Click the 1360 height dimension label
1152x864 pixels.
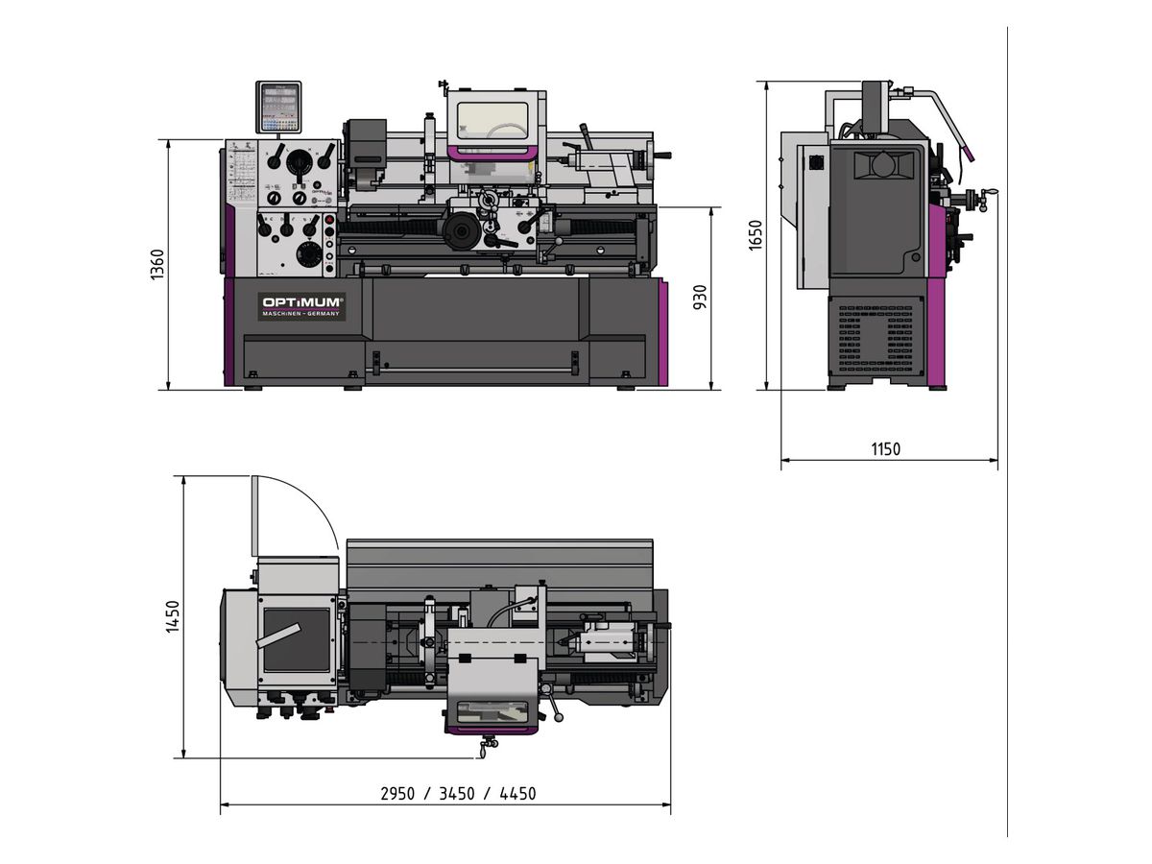click(157, 265)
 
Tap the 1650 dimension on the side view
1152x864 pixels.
click(756, 236)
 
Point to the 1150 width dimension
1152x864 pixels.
click(885, 449)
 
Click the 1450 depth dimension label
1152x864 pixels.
click(173, 616)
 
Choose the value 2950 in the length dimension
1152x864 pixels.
click(397, 794)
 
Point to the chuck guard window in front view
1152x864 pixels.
click(492, 120)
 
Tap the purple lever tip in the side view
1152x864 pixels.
click(972, 154)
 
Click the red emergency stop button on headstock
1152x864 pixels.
click(329, 221)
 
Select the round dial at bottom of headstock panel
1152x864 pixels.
click(309, 254)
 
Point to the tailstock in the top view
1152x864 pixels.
click(605, 639)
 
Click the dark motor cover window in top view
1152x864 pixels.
click(297, 639)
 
